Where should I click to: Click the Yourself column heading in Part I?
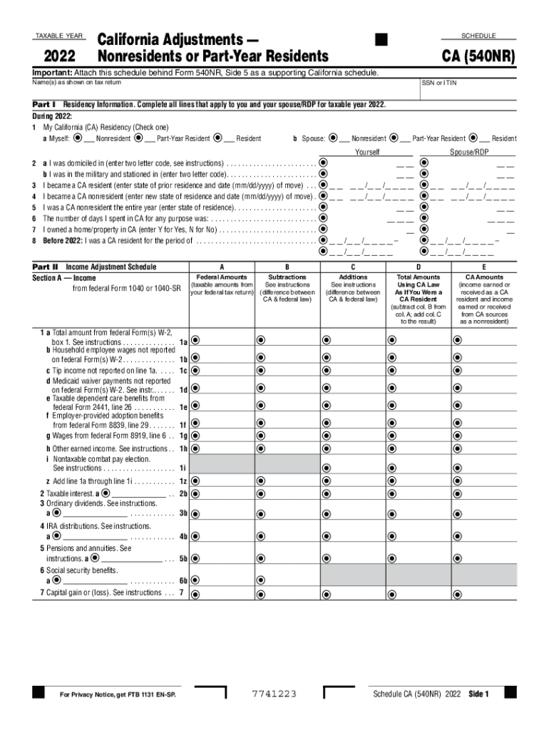[367, 152]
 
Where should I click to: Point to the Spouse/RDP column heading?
[469, 152]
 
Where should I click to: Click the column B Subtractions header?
[287, 277]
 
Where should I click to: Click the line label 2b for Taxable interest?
[183, 493]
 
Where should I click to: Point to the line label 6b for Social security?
[183, 580]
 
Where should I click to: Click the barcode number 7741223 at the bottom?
[274, 694]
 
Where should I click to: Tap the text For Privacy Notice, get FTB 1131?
[117, 694]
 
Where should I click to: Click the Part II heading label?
[45, 267]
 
